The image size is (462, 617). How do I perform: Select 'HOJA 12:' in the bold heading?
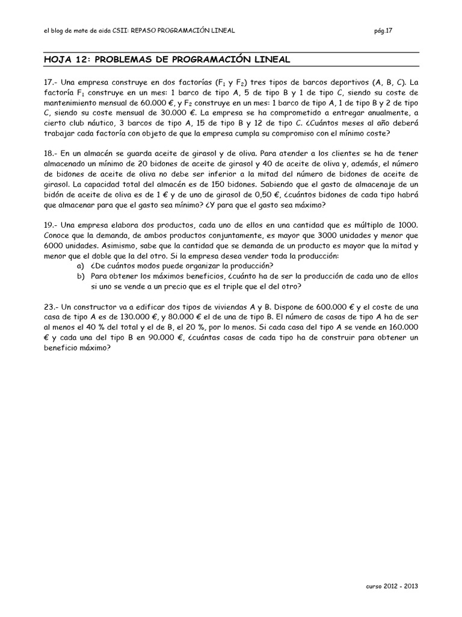point(63,59)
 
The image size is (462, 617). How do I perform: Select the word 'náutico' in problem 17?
point(97,123)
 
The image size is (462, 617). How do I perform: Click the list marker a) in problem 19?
point(80,266)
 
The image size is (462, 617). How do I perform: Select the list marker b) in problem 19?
point(80,276)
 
